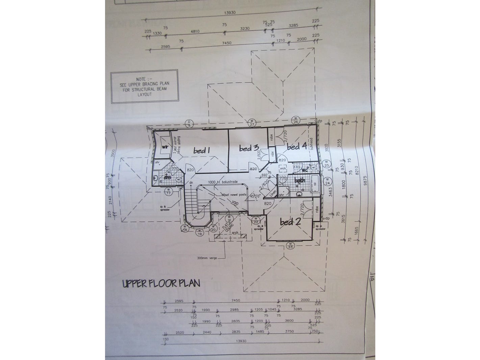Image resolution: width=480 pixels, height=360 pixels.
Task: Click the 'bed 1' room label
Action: [202, 151]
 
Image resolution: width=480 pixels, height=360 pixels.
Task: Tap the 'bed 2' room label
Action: [290, 222]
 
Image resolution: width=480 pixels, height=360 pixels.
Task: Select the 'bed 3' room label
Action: [249, 148]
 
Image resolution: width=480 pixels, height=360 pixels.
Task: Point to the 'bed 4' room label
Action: [297, 146]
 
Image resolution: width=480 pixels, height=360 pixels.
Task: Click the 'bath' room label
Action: [300, 181]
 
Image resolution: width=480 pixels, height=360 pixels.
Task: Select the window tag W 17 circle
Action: [169, 191]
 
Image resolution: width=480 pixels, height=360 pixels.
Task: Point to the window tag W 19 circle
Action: [200, 232]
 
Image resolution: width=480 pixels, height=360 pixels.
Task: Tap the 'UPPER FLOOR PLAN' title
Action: [161, 283]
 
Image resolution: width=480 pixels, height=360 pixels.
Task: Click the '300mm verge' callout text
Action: [208, 258]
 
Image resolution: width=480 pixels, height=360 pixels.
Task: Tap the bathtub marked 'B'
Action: [315, 184]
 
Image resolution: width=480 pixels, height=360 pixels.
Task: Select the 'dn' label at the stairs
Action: [191, 183]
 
